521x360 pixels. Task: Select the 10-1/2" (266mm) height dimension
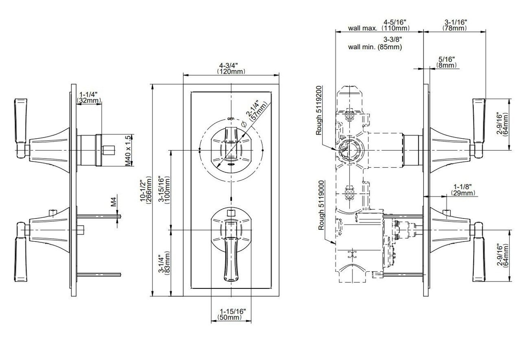(146, 190)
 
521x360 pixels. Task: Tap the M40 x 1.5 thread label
(128, 151)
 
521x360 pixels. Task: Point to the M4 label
(113, 202)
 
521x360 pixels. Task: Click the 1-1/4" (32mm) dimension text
(89, 98)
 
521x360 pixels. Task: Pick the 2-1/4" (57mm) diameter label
(256, 111)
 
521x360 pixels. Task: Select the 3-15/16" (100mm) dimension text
(164, 190)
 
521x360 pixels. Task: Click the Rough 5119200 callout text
(319, 110)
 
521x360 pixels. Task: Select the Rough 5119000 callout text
(321, 205)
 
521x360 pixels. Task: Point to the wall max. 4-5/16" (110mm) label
(379, 25)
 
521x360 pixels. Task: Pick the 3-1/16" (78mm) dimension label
(455, 25)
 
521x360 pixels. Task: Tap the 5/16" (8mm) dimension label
(447, 62)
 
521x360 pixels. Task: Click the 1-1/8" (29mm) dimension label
(463, 190)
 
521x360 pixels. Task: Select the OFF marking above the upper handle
(231, 119)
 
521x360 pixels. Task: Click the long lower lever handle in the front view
(231, 258)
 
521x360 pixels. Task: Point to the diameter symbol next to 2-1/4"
(244, 124)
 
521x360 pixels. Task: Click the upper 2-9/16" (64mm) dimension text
(503, 125)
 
